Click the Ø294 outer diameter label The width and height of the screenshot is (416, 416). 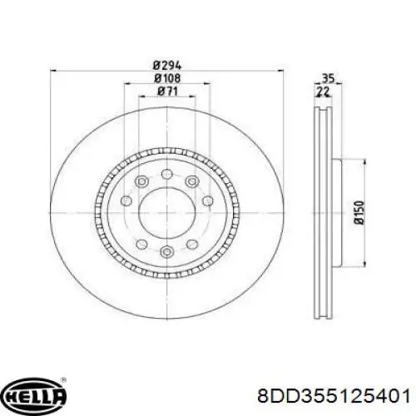167,66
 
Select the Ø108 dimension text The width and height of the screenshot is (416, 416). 167,78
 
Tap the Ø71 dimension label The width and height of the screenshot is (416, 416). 167,92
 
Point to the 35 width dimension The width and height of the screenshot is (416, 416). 329,78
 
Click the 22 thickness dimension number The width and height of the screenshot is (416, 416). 323,92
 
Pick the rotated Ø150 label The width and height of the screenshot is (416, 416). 359,212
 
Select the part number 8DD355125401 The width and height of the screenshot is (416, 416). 334,395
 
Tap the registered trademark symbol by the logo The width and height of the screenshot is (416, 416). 63,379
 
